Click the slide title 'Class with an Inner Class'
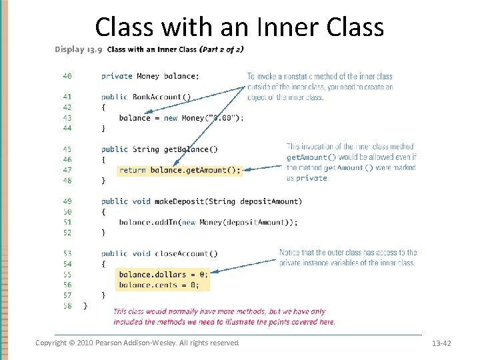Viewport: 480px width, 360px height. coord(239,27)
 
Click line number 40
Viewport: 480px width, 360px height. coord(67,76)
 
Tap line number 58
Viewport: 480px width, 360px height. coord(67,305)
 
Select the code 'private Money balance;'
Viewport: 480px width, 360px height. coord(151,76)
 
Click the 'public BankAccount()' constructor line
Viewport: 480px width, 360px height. coord(146,97)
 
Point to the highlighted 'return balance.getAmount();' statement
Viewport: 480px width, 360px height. coord(179,170)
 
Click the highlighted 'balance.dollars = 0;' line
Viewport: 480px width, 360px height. coord(163,274)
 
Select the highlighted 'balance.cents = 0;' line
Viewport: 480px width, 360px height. coord(157,285)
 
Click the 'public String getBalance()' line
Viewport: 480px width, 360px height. coord(159,149)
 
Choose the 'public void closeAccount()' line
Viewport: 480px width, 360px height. coord(159,253)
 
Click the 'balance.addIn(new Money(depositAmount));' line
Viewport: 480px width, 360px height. coord(208,222)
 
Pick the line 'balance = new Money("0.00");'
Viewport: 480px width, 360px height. coord(181,118)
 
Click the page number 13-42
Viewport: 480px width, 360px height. coord(441,343)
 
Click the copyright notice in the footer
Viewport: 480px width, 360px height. coord(137,343)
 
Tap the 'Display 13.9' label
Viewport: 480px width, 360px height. coord(78,49)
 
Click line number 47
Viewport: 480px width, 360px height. coord(67,170)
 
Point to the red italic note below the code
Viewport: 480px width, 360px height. coord(224,317)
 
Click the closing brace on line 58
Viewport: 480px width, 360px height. coord(85,305)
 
